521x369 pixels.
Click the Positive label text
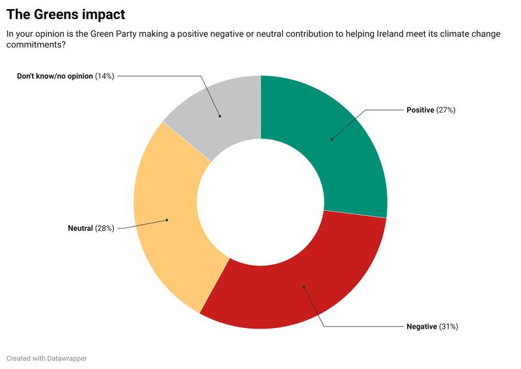pyautogui.click(x=420, y=110)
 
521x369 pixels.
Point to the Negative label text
pyautogui.click(x=421, y=327)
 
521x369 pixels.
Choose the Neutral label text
pyautogui.click(x=81, y=228)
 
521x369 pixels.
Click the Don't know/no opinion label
pyautogui.click(x=55, y=76)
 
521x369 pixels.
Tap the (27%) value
pyautogui.click(x=445, y=110)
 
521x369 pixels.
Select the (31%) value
pyautogui.click(x=449, y=327)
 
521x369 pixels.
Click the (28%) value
pyautogui.click(x=105, y=228)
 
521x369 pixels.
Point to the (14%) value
pyautogui.click(x=105, y=76)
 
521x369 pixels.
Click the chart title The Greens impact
pyautogui.click(x=66, y=14)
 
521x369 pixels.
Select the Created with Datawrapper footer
pyautogui.click(x=46, y=359)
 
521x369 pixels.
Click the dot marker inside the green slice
pyautogui.click(x=331, y=139)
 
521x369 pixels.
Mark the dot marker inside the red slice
pyautogui.click(x=303, y=286)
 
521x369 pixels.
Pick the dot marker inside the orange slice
pyautogui.click(x=167, y=220)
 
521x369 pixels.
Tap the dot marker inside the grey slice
pyautogui.click(x=219, y=116)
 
